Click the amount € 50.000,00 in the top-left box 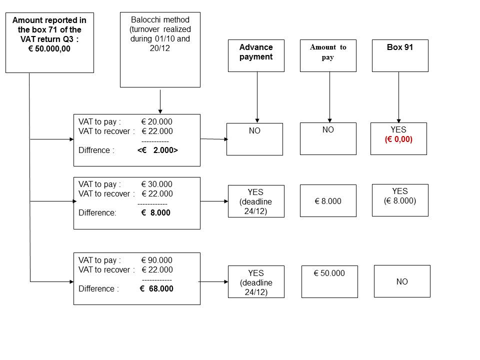click(49, 48)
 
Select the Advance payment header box click(256, 55)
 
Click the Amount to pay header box click(328, 55)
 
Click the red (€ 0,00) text click(398, 139)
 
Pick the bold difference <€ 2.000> click(157, 150)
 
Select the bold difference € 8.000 click(155, 213)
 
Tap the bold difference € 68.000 click(156, 288)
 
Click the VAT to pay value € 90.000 click(156, 260)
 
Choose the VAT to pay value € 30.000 click(156, 184)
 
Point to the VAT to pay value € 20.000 click(156, 122)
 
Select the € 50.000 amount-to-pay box click(329, 281)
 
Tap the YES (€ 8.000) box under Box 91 click(400, 200)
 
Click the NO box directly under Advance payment click(254, 139)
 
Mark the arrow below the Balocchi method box click(160, 101)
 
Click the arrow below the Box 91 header click(398, 97)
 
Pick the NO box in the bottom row click(402, 281)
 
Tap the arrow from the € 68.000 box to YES click(213, 281)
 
